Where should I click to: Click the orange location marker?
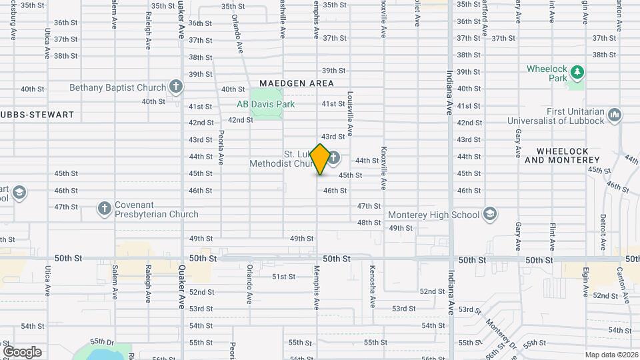click(320, 159)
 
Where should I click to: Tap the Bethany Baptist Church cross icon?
click(175, 87)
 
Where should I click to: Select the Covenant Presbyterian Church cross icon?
click(104, 209)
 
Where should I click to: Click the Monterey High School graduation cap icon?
click(490, 214)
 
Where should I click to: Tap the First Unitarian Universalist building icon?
click(615, 115)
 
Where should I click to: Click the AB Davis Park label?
click(265, 104)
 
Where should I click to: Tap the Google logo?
click(22, 351)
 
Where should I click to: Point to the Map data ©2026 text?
click(611, 355)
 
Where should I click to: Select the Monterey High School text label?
click(434, 215)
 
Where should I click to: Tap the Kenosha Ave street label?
click(372, 286)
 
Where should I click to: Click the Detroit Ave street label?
click(603, 233)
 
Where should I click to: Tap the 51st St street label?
click(283, 277)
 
